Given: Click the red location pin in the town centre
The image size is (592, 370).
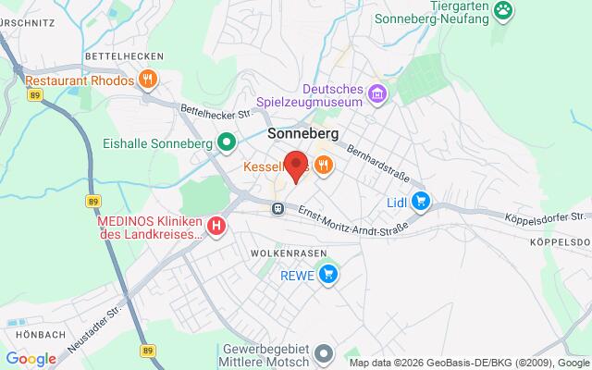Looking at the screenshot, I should pyautogui.click(x=295, y=166).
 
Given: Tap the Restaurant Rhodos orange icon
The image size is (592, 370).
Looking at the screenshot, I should pyautogui.click(x=148, y=80).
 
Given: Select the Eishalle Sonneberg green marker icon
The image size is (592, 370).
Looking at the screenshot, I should pyautogui.click(x=226, y=143).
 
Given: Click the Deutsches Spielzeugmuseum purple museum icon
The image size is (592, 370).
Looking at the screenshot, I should pyautogui.click(x=376, y=92).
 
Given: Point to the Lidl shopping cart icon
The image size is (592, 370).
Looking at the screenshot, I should pyautogui.click(x=422, y=200).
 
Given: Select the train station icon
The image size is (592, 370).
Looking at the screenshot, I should pyautogui.click(x=277, y=209).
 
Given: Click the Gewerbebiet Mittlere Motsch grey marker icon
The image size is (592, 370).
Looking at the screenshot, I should pyautogui.click(x=324, y=352).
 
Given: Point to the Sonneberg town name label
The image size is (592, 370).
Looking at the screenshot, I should pyautogui.click(x=302, y=133).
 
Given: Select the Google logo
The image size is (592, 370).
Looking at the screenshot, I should pyautogui.click(x=31, y=359).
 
